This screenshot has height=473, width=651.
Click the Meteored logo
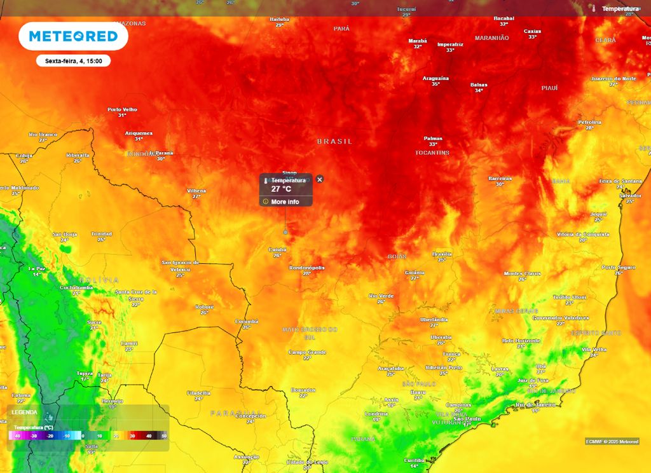73,36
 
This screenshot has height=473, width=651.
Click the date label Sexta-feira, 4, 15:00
73,61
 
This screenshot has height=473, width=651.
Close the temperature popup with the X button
320,179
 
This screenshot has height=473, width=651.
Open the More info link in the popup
285,202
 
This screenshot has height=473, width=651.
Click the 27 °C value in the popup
281,189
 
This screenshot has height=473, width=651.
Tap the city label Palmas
433,139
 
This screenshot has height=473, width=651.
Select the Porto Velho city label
122,109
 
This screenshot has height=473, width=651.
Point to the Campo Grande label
307,352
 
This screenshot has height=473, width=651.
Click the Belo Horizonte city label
521,341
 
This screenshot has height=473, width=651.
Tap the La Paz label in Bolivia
38,269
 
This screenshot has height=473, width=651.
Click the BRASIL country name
334,141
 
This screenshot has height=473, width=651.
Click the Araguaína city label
435,78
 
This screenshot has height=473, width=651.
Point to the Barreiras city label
500,179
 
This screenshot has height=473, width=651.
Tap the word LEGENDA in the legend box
25,412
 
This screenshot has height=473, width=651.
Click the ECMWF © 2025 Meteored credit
612,441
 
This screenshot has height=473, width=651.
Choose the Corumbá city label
247,321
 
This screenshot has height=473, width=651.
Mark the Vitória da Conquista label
583,234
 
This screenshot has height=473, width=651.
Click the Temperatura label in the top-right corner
620,9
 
